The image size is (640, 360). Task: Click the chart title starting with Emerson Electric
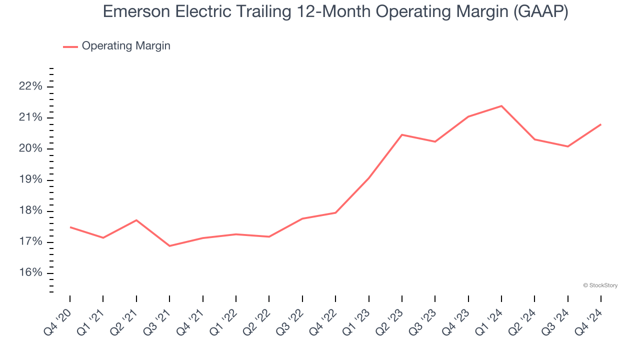point(335,11)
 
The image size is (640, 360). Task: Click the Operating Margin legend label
point(126,46)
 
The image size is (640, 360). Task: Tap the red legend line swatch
point(70,46)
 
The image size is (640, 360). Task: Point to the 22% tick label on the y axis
point(30,86)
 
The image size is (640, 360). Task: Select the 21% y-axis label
point(30,117)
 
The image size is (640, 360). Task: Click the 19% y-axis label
point(30,180)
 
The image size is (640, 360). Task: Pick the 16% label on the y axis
point(30,273)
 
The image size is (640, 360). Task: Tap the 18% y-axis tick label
point(30,211)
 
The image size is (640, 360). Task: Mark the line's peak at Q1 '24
point(501,106)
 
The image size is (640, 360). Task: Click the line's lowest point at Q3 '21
point(169,246)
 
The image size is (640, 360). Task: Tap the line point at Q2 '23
point(401,134)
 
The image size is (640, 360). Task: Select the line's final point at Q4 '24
point(600,124)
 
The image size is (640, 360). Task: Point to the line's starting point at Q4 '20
point(70,227)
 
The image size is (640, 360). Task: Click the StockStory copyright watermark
point(600,285)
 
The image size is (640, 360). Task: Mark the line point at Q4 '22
point(335,213)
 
